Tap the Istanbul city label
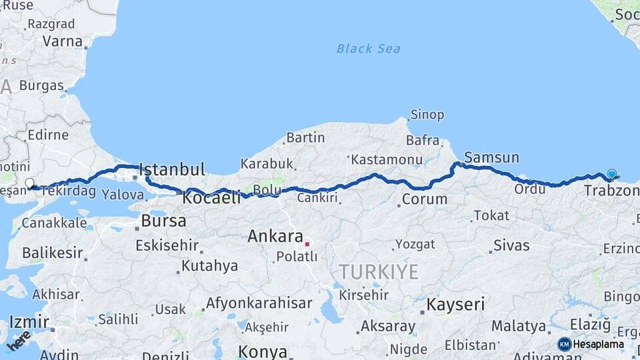coord(171,169)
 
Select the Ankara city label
coord(275,236)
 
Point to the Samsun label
coord(491,157)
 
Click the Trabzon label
coord(611,191)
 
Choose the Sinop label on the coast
coord(427,115)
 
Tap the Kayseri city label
coord(455,305)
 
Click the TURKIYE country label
coord(379,272)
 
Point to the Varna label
coord(62,41)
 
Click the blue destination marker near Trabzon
coord(611,174)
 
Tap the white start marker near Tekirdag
coord(29,183)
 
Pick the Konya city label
coord(263,351)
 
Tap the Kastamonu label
coord(387,160)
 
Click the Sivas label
coord(511,245)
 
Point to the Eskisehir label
coord(167,245)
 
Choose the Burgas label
coord(41,85)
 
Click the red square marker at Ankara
coord(307,244)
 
